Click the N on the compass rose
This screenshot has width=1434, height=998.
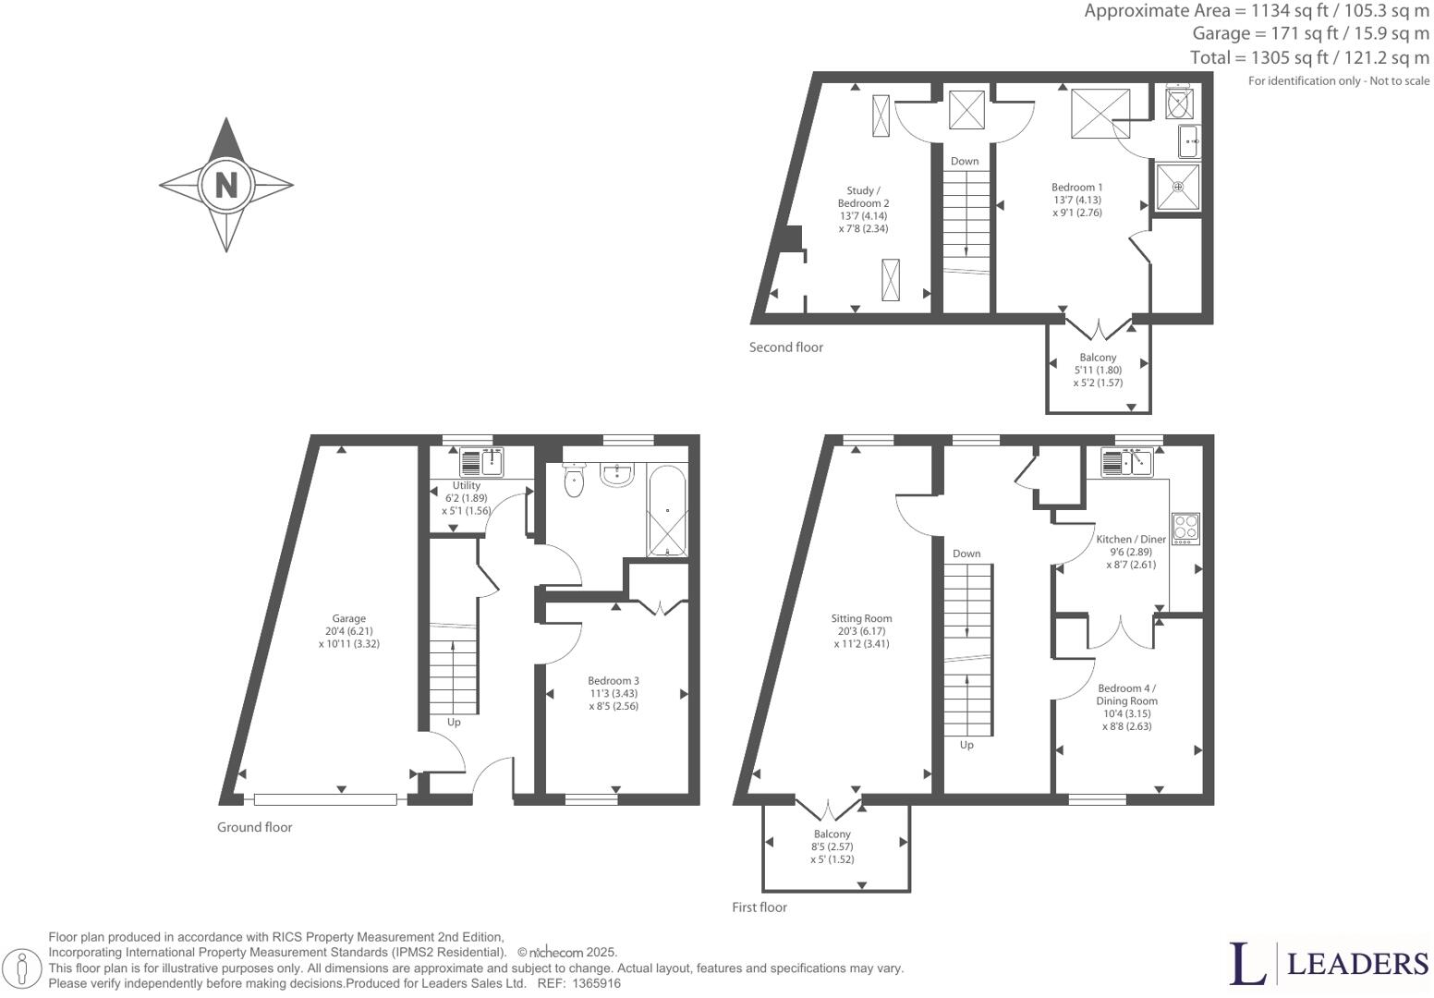coord(225,184)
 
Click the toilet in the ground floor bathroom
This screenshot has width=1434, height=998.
coord(575,480)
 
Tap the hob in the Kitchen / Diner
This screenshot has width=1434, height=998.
coord(1185,528)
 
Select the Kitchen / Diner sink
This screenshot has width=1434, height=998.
coord(1127,461)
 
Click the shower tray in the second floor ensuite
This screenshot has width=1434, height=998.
coord(1178,186)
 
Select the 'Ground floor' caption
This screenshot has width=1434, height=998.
coord(254,827)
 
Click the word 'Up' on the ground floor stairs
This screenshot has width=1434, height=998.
coord(454,723)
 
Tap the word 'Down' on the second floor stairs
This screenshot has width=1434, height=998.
coord(965,161)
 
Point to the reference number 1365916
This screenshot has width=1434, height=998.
coord(596,984)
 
